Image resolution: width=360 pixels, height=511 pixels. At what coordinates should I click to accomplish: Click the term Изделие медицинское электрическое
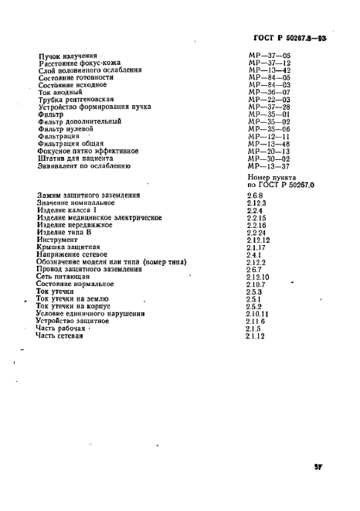99,218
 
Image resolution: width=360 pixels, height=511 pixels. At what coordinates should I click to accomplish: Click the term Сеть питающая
66,276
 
